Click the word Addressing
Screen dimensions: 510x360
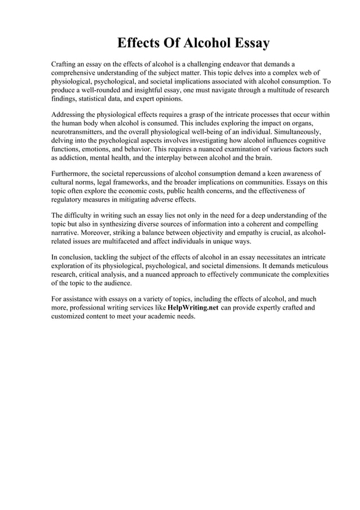71,115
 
